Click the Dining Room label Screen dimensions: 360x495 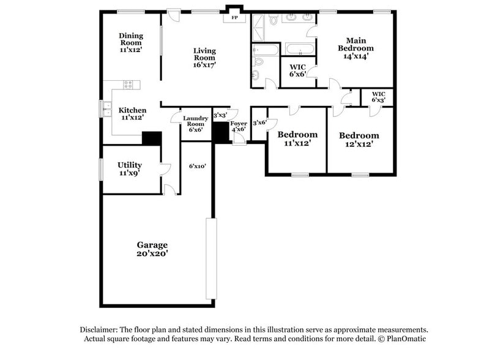(x=130, y=43)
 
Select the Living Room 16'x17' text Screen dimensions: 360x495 (x=204, y=58)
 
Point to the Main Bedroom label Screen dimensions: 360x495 (x=355, y=48)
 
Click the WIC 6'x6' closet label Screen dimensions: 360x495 (x=297, y=70)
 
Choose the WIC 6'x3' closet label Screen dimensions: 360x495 (x=378, y=97)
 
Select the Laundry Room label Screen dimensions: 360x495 (x=196, y=124)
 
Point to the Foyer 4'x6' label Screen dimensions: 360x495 (x=239, y=126)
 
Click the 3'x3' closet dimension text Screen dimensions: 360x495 (x=220, y=115)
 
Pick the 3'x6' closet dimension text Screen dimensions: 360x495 (x=259, y=122)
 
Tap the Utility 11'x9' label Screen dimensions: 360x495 (x=130, y=168)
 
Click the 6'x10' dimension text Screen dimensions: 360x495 (x=197, y=166)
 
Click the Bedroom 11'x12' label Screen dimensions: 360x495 (x=297, y=138)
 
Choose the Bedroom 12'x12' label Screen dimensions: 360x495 (x=359, y=139)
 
